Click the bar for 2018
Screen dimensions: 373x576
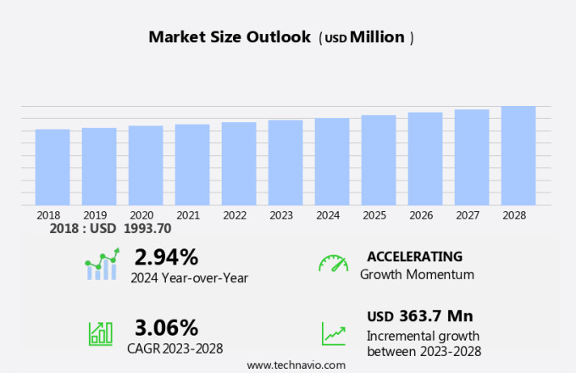coord(53,167)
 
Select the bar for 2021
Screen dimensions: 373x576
coord(192,164)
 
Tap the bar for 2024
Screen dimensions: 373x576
coord(332,162)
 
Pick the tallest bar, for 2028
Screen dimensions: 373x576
coord(518,155)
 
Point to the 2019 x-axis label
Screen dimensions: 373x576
coord(95,215)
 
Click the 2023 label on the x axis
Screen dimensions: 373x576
coord(281,215)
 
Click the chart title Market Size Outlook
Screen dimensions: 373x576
coord(229,37)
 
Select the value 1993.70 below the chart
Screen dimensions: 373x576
coord(147,228)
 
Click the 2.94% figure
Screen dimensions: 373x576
coord(166,257)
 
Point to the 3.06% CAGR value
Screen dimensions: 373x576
coord(166,327)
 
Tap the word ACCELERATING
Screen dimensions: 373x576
coord(414,256)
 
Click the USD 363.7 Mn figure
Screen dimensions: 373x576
coord(419,316)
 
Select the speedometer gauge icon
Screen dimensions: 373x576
coord(333,264)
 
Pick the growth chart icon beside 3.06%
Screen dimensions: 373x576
coord(101,333)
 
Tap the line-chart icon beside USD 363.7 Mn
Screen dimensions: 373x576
coord(333,333)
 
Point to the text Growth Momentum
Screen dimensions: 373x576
coord(417,275)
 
